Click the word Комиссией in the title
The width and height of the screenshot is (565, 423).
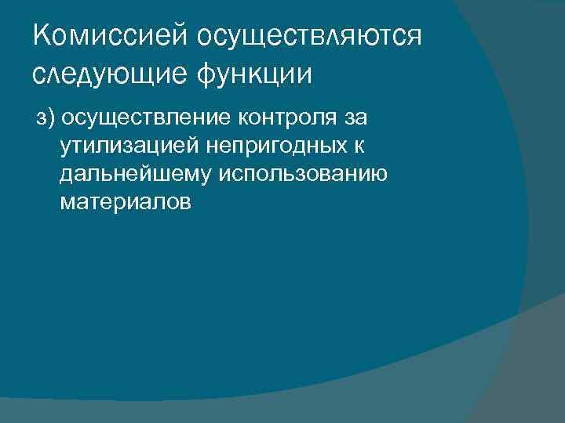[x=111, y=36]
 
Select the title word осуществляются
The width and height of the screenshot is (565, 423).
[x=310, y=36]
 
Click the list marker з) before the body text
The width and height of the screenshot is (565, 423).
[x=45, y=118]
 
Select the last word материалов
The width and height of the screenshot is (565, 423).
[x=124, y=203]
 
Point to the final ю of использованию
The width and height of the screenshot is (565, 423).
[x=379, y=175]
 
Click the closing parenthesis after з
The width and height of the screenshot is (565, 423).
[x=51, y=118]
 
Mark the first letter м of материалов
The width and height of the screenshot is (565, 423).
[x=66, y=203]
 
